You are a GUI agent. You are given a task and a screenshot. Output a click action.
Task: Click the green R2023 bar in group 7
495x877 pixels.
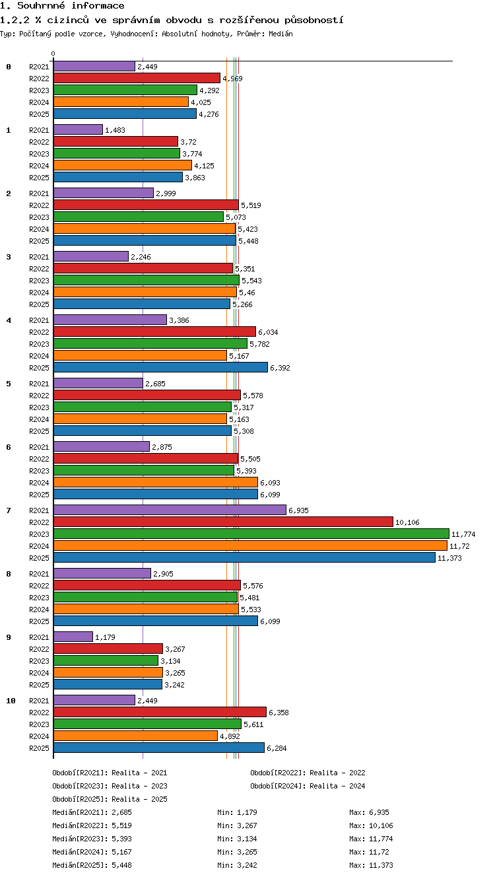[251, 534]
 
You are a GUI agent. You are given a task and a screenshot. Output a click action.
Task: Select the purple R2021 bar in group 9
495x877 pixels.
[73, 637]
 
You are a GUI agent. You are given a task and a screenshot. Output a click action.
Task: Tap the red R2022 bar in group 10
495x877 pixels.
[160, 712]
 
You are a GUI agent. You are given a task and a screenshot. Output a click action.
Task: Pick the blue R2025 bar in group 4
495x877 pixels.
[160, 367]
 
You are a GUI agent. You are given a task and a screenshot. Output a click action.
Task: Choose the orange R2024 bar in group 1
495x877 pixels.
[123, 165]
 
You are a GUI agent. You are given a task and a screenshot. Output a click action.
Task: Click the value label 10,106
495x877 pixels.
[407, 522]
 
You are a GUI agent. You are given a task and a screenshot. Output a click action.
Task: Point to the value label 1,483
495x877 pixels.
[115, 130]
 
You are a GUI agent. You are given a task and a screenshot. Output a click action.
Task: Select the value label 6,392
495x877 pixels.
[280, 368]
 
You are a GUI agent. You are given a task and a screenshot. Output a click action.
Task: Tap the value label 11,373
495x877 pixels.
[449, 558]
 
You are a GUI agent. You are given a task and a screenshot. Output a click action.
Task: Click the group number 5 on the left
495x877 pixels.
[9, 384]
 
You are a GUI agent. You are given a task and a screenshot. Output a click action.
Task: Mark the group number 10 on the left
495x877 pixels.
[11, 701]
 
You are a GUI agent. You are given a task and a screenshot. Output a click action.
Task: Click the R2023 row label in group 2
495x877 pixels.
[39, 217]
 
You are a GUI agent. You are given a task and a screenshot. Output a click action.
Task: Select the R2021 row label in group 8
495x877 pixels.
[39, 574]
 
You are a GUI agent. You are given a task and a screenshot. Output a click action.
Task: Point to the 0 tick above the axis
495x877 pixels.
[53, 53]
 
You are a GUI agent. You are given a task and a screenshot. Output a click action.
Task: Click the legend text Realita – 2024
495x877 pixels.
[337, 786]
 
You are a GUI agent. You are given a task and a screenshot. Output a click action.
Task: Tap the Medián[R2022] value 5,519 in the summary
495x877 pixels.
[121, 825]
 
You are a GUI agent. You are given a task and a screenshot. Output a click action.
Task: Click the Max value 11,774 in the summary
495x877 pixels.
[381, 839]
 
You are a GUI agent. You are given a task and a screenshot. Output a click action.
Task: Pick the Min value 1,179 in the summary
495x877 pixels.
[247, 812]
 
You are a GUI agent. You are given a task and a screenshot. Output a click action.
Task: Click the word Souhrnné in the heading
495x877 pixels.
[41, 5]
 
